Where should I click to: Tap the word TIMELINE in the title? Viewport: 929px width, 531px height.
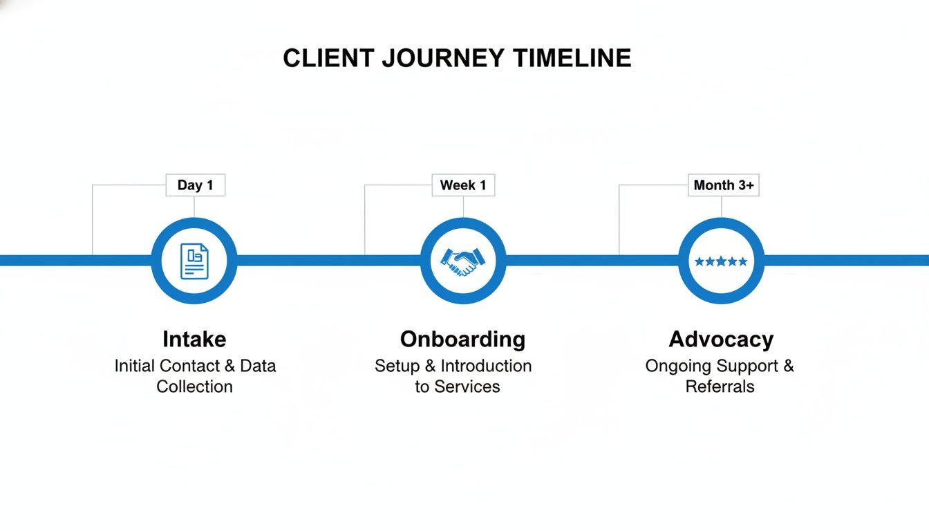click(x=572, y=58)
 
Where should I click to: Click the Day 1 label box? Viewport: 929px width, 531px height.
click(x=195, y=185)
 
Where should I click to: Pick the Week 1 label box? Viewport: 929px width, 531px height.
click(x=463, y=185)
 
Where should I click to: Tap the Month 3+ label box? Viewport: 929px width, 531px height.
click(x=723, y=185)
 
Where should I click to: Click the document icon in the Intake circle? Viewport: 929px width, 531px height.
click(x=194, y=261)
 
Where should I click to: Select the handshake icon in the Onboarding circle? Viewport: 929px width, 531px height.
click(x=463, y=261)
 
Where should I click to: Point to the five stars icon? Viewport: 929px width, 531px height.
click(x=721, y=261)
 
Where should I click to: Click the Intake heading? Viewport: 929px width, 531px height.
click(x=194, y=339)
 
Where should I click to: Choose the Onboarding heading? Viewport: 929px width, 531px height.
click(x=462, y=339)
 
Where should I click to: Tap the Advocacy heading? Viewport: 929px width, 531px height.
click(x=721, y=339)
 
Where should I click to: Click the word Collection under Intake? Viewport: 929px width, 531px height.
click(x=194, y=386)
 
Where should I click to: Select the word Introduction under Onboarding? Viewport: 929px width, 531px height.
click(x=486, y=366)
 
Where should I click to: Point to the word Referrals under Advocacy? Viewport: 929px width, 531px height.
click(x=720, y=386)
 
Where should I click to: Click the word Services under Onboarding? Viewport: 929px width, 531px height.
click(x=467, y=386)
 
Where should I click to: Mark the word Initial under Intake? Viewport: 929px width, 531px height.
click(x=135, y=366)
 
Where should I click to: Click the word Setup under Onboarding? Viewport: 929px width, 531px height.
click(x=397, y=366)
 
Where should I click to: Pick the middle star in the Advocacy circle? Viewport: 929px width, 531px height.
click(x=721, y=261)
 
